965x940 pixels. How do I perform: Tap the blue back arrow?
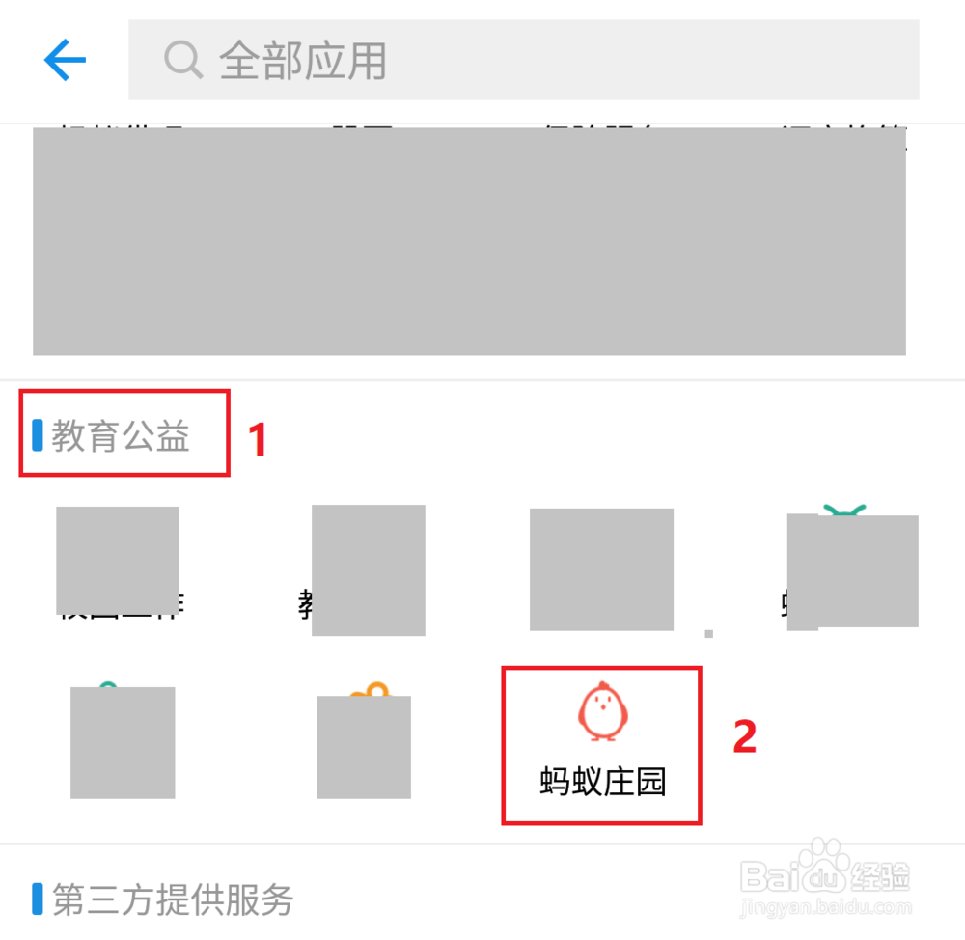(x=65, y=61)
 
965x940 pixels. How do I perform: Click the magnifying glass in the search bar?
(x=181, y=60)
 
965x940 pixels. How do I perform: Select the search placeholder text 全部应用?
(x=303, y=61)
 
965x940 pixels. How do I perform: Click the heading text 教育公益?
(x=121, y=436)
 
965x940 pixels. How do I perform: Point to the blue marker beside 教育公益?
(x=38, y=435)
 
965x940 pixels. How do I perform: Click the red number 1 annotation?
(x=257, y=440)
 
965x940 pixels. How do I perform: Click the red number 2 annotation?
(x=744, y=737)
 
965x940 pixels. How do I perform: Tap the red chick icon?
(x=602, y=710)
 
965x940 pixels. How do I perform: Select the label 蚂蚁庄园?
(x=602, y=782)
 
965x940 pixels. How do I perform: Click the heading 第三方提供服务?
(x=173, y=899)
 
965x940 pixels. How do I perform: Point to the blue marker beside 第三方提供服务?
(x=38, y=899)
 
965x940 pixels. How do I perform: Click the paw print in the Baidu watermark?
(x=822, y=868)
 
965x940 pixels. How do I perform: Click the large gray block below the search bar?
(x=469, y=241)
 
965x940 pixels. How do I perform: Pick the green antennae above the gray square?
(x=843, y=510)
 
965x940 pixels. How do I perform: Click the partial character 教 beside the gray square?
(x=305, y=605)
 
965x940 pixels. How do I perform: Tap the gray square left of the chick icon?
(x=364, y=746)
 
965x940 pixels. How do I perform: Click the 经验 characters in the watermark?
(x=879, y=877)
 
